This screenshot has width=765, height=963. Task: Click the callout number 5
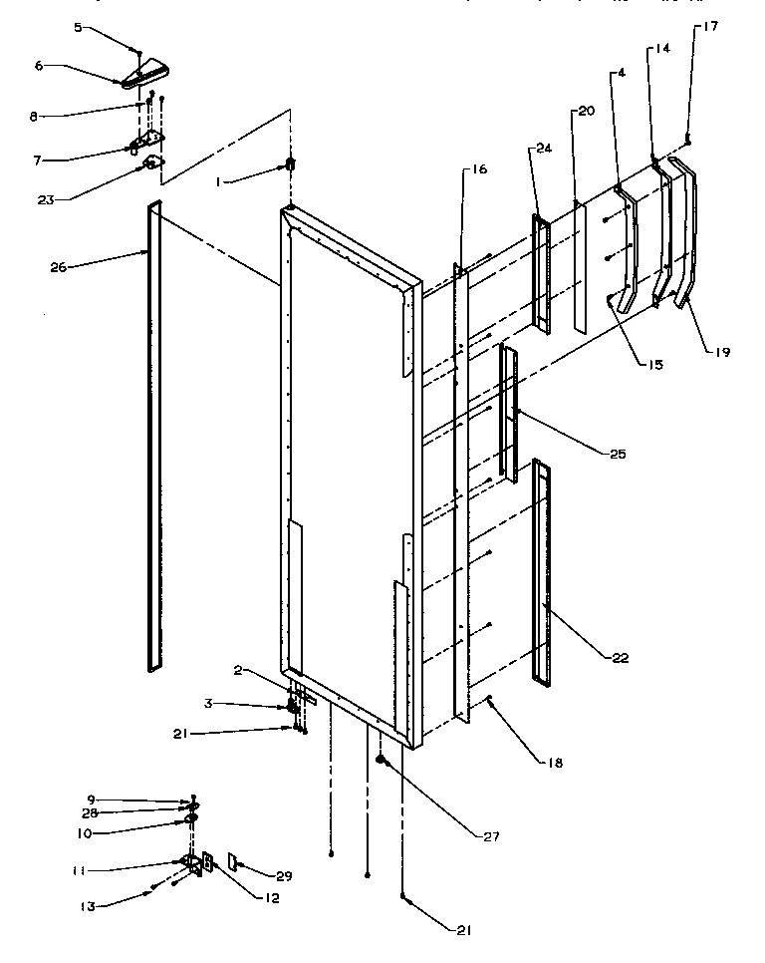[x=78, y=28]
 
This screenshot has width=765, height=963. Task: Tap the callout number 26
[x=57, y=267]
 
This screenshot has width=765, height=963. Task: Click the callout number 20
[x=585, y=111]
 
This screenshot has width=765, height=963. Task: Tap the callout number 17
[x=709, y=27]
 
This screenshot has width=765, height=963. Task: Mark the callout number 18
[x=554, y=763]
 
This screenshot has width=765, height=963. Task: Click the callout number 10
[x=83, y=832]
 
